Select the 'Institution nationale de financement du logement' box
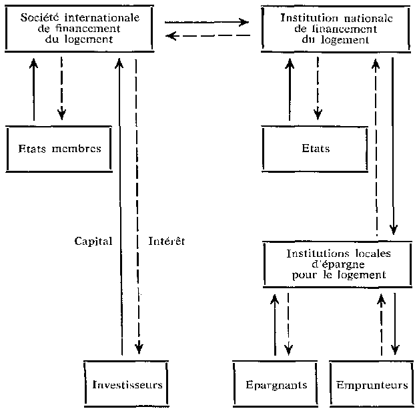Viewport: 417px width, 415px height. [337, 28]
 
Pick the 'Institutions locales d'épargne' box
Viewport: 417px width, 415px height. [339, 264]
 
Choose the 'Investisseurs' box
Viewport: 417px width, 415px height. [126, 385]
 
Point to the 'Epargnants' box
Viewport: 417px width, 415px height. [275, 385]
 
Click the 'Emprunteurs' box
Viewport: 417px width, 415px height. [372, 385]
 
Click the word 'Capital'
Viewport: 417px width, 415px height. [93, 241]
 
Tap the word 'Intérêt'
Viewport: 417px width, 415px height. [166, 241]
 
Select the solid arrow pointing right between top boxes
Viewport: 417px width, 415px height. [207, 22]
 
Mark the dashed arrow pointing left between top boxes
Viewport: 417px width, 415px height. [207, 36]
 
